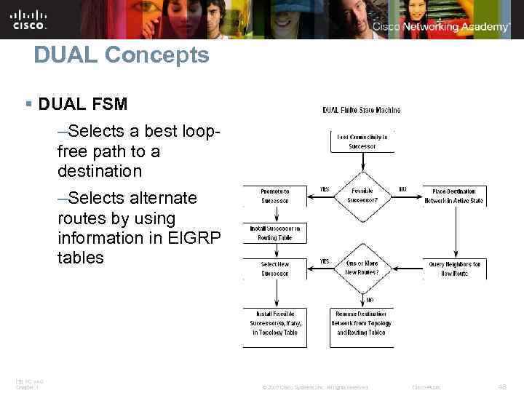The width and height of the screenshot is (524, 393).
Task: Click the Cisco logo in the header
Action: (x=29, y=20)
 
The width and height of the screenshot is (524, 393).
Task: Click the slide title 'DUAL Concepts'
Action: (x=121, y=55)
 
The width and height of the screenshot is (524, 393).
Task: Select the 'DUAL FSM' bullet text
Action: (x=82, y=104)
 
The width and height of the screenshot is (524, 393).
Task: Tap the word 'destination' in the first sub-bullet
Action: (x=100, y=172)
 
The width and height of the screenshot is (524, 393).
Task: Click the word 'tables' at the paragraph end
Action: (x=81, y=258)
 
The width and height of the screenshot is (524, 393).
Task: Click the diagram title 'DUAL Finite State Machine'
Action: (x=362, y=111)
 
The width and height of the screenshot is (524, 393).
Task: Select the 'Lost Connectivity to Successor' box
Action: (x=362, y=140)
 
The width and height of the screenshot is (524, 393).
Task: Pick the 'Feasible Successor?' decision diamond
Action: (x=362, y=195)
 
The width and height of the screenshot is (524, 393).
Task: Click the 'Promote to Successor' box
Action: (x=275, y=196)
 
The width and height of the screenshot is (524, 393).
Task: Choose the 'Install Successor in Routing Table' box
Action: (x=275, y=233)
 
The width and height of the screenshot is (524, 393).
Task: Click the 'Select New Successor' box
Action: (x=275, y=269)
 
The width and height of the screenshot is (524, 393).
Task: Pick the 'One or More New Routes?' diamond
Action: (x=362, y=267)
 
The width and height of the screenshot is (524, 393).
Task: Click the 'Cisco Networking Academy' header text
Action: (x=442, y=27)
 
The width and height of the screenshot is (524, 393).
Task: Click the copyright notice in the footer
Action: (x=315, y=387)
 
